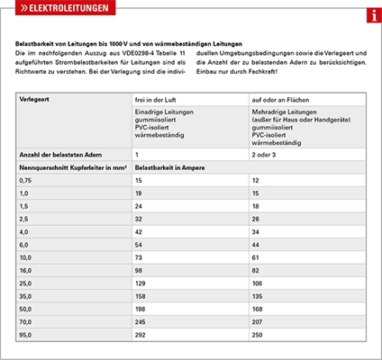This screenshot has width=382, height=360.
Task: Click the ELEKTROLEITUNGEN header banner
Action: (x=58, y=10)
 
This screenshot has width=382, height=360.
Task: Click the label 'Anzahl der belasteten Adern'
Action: (x=58, y=156)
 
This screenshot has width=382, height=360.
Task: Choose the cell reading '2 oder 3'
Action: (x=265, y=156)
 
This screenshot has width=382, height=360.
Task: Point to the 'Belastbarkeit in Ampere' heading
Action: (x=171, y=168)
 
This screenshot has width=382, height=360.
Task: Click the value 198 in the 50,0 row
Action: (x=141, y=309)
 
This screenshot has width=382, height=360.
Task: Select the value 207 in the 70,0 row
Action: (x=258, y=321)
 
